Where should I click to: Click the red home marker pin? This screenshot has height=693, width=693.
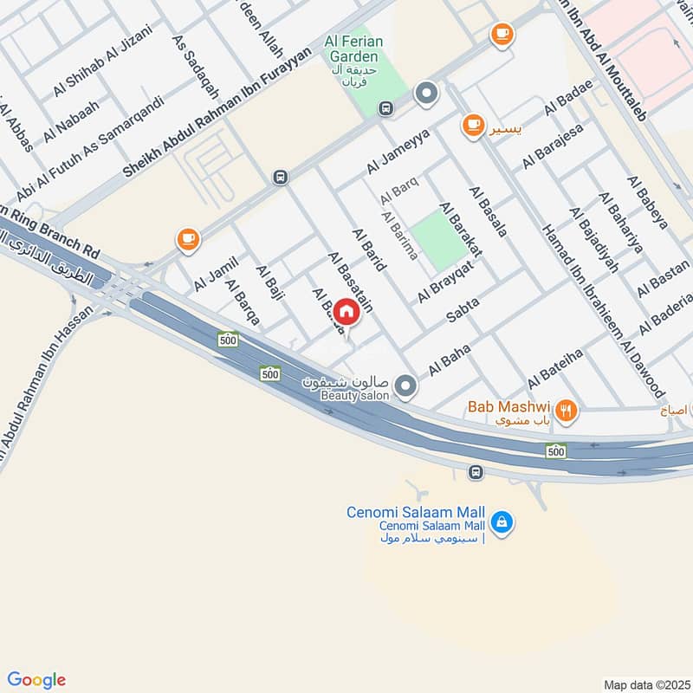click(x=346, y=311)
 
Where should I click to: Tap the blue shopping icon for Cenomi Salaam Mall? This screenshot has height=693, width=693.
click(x=501, y=522)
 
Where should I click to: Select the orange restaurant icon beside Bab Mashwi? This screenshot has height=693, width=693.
click(x=566, y=411)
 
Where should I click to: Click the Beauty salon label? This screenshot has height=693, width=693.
click(x=355, y=395)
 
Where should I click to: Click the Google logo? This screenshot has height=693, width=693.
click(x=36, y=679)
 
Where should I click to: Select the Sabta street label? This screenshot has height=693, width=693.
click(x=463, y=313)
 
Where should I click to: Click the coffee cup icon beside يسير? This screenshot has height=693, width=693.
click(x=471, y=126)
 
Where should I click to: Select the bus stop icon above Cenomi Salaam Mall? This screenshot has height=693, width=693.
click(x=475, y=473)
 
